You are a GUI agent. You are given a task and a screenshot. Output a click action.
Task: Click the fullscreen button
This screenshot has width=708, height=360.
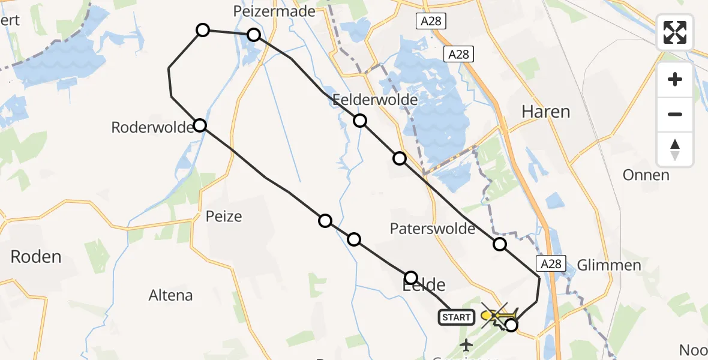pyautogui.click(x=675, y=32)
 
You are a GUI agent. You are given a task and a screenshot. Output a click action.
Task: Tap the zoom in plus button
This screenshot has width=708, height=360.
pyautogui.click(x=675, y=80)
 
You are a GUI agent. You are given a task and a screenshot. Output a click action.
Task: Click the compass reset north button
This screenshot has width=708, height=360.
pyautogui.click(x=675, y=149)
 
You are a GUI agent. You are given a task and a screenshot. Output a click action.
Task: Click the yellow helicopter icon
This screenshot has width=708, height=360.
pyautogui.click(x=499, y=314)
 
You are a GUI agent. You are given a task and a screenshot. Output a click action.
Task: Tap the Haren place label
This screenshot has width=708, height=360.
pyautogui.click(x=545, y=111)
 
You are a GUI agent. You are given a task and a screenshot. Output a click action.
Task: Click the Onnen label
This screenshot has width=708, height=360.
pyautogui.click(x=646, y=175)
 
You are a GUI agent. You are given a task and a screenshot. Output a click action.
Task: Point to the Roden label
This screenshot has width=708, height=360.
pyautogui.click(x=36, y=257)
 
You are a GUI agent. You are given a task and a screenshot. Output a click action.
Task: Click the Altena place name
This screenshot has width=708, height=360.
pyautogui.click(x=171, y=295)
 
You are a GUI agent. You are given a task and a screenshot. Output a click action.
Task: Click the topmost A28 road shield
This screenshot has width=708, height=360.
pyautogui.click(x=430, y=21)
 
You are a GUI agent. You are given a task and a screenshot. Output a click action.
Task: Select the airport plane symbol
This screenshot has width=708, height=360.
pyautogui.click(x=466, y=345)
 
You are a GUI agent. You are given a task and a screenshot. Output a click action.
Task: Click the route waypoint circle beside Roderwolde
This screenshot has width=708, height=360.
pyautogui.click(x=200, y=125)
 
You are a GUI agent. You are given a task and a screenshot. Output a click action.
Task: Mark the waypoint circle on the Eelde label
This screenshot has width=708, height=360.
pyautogui.click(x=411, y=277)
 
